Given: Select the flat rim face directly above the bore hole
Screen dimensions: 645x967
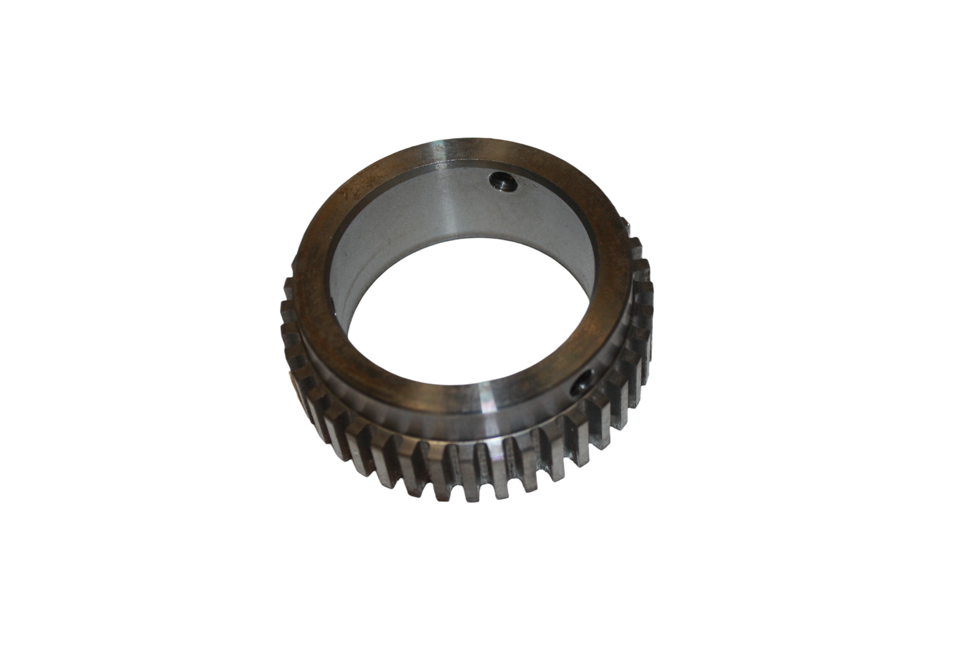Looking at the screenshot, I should point(504,151).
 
